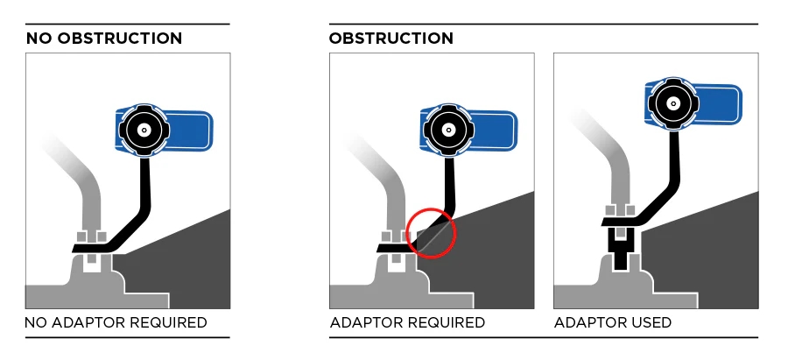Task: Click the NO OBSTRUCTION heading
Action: pyautogui.click(x=103, y=39)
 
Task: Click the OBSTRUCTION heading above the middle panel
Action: pyautogui.click(x=390, y=39)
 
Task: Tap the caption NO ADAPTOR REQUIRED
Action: pyautogui.click(x=116, y=323)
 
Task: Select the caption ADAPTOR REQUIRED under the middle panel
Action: pyautogui.click(x=407, y=323)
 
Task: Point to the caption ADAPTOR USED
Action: pyautogui.click(x=613, y=323)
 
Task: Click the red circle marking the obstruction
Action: pyautogui.click(x=431, y=232)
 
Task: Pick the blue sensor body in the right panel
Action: pyautogui.click(x=718, y=102)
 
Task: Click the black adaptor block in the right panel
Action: pyautogui.click(x=621, y=250)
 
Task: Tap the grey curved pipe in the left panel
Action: pyautogui.click(x=88, y=188)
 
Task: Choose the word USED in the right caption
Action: pyautogui.click(x=650, y=323)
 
